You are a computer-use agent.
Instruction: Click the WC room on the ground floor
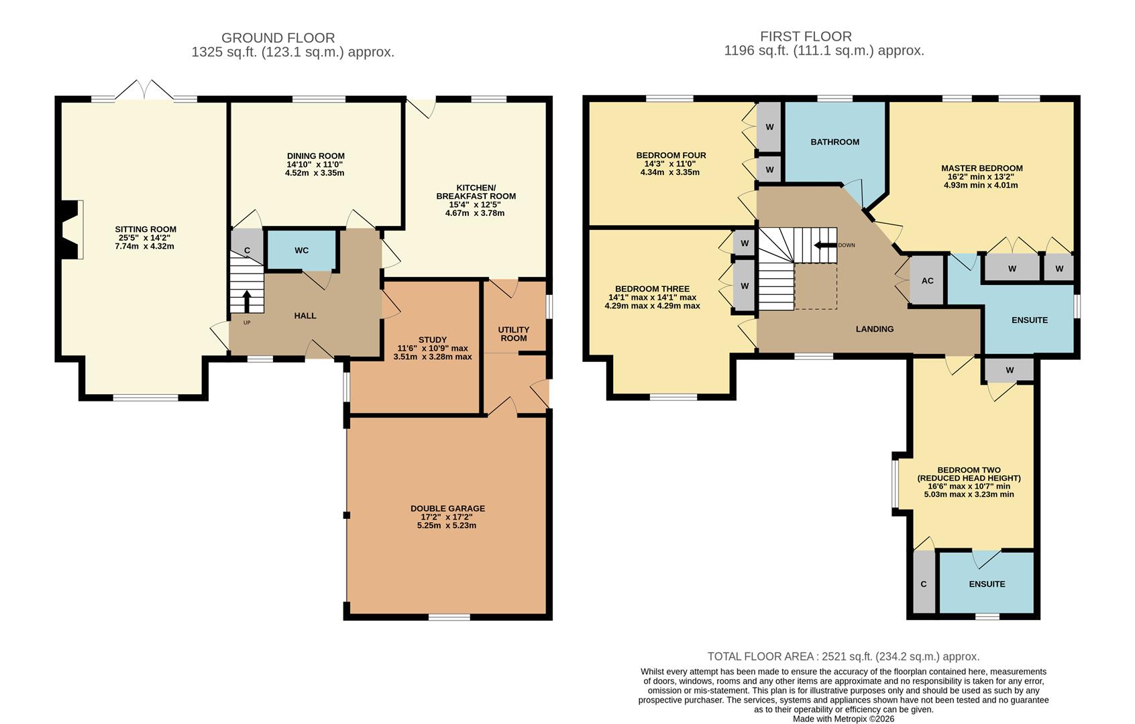[301, 250]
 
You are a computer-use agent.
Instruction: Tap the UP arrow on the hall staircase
[248, 301]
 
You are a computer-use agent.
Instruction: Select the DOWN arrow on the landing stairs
[825, 245]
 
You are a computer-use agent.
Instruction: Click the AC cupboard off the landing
[927, 281]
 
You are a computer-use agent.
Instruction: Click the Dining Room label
[315, 156]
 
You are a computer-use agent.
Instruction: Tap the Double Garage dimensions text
[447, 522]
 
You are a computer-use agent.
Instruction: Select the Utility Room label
[514, 333]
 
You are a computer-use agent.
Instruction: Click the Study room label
[432, 340]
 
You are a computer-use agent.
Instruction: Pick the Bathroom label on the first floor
[834, 142]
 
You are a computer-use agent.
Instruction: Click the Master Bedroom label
[981, 168]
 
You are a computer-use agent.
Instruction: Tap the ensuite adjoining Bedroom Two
[986, 584]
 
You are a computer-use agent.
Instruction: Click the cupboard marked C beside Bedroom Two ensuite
[924, 583]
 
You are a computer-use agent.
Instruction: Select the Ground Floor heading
[278, 38]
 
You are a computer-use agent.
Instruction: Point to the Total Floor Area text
[843, 656]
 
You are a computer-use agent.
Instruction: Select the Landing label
[874, 329]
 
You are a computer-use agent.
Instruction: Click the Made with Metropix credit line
[843, 719]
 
